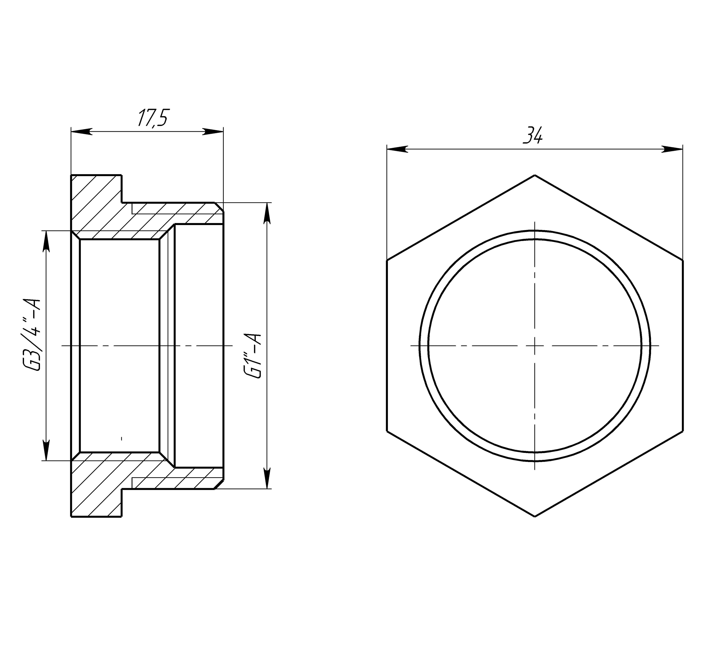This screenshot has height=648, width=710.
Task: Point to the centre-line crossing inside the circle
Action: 535,346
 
